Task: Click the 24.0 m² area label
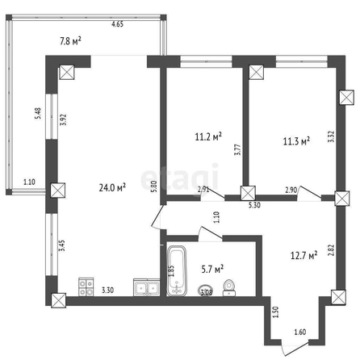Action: [x=112, y=187]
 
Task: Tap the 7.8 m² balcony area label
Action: [x=70, y=41]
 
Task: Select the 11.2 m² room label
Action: [x=208, y=136]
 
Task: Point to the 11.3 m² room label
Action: [x=296, y=141]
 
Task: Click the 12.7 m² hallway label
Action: [x=303, y=255]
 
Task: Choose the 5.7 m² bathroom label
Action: [x=212, y=269]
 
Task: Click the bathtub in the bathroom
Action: [x=177, y=271]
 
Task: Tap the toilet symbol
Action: [x=229, y=288]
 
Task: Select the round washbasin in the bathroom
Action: [x=205, y=291]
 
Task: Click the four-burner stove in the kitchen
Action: [x=86, y=287]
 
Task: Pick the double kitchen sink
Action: [x=147, y=287]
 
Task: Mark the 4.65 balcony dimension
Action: [x=117, y=24]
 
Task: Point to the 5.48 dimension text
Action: [x=38, y=114]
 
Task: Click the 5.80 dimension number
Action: [x=153, y=186]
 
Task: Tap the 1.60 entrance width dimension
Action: [x=300, y=332]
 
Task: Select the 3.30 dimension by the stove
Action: [x=107, y=290]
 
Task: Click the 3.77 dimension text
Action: [x=237, y=149]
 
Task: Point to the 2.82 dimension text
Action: [x=332, y=249]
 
